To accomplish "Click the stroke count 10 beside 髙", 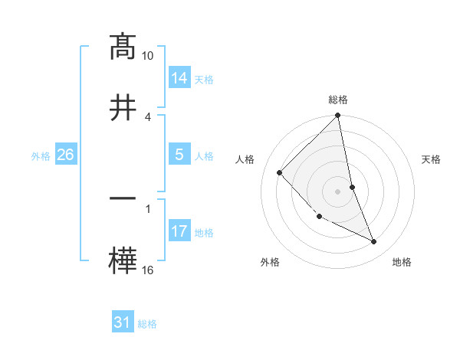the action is pos(148,56).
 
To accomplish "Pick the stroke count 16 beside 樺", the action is pos(148,270).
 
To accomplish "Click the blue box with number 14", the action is pos(179,77).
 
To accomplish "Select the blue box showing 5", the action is pos(179,155).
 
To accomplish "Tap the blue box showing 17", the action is pos(179,231).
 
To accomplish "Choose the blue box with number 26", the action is pos(66,155).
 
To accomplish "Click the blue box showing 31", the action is pos(123,322).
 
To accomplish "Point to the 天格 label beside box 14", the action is pos(204,79).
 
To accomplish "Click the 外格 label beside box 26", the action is pos(41,155).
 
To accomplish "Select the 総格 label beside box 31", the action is pos(147,324).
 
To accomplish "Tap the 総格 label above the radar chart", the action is pos(338,100).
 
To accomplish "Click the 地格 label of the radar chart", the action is pos(402,262).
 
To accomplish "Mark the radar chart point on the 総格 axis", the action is pos(338,116).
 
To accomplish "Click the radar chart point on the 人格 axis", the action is pos(280,172).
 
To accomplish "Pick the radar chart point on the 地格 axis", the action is pos(374,242).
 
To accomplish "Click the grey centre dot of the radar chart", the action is pos(338,191).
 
